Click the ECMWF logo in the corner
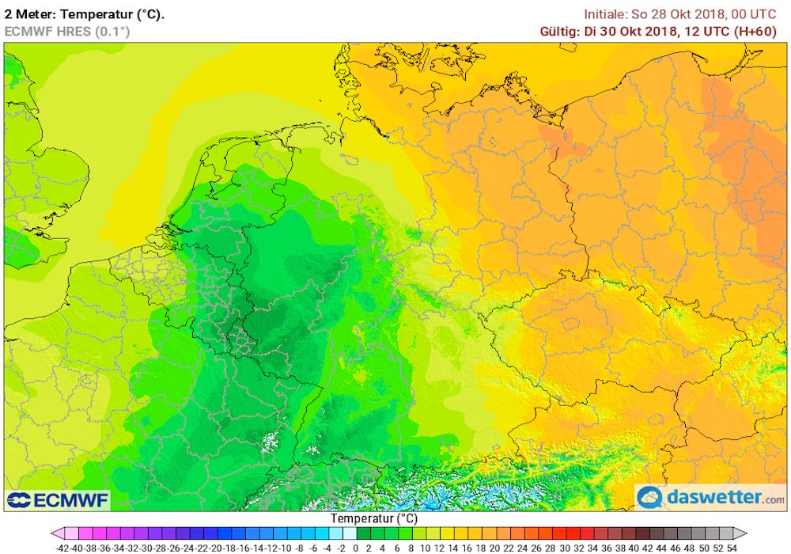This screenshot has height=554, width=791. [57, 499]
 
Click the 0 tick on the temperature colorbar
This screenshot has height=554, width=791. [356, 547]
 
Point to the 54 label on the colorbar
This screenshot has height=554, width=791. [732, 547]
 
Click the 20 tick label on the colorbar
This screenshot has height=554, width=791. [495, 547]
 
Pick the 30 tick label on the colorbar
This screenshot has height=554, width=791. [565, 547]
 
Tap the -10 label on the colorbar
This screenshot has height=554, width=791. [285, 547]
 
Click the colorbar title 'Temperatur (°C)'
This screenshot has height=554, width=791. [373, 518]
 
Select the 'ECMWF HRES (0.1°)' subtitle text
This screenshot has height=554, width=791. [67, 31]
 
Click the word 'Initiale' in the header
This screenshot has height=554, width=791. [604, 13]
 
